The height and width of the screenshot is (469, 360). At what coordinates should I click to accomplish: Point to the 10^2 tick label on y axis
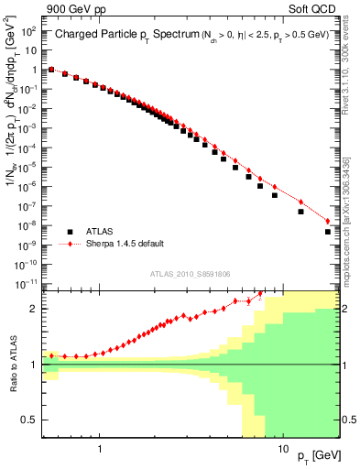[29, 31]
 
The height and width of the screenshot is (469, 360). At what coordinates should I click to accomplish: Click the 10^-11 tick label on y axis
[27, 284]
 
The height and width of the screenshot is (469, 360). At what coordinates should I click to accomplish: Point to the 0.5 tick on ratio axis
[30, 420]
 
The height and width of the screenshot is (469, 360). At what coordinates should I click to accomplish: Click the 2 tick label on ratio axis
[34, 309]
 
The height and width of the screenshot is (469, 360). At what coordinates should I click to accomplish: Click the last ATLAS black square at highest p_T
[328, 232]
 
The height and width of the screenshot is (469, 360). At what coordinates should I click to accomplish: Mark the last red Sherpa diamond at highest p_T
[328, 221]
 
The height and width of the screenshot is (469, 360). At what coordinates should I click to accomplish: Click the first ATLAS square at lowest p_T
[51, 70]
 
